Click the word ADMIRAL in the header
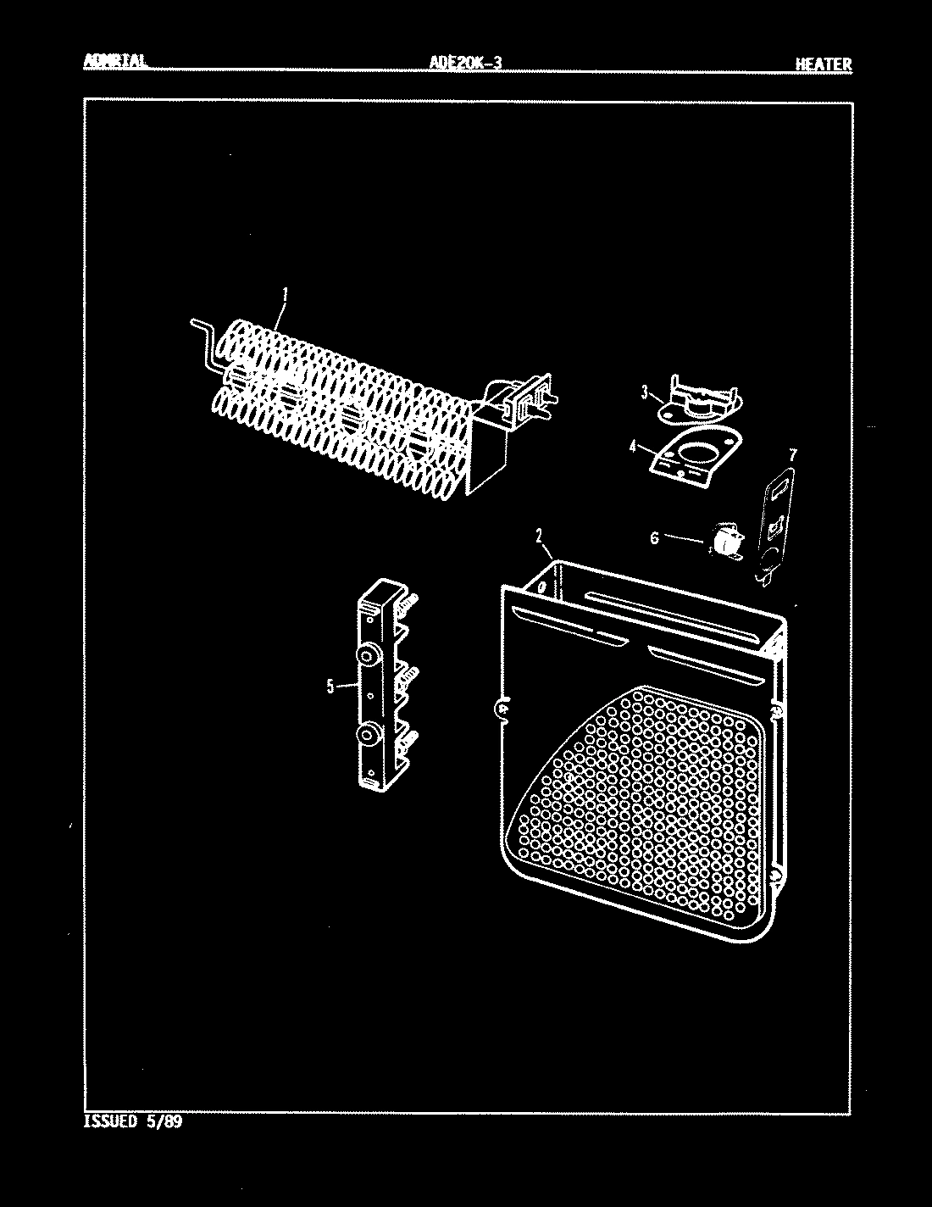tap(115, 62)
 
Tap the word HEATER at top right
tap(823, 64)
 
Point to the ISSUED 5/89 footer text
tap(133, 1122)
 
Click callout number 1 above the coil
tap(286, 294)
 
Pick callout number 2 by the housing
tap(538, 535)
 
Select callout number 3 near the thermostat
tap(645, 392)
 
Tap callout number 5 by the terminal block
tap(330, 687)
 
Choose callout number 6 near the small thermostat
tap(654, 537)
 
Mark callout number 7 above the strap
tap(791, 455)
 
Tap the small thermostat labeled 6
tap(723, 541)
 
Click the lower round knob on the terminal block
tap(369, 734)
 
